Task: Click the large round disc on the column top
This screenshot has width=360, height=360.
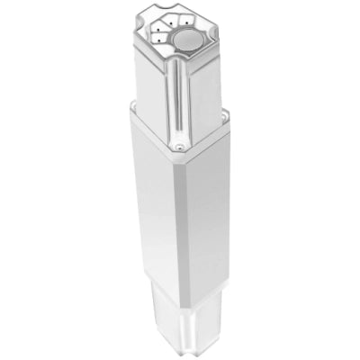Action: coord(188,40)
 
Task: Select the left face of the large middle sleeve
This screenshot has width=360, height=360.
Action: coord(153,207)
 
